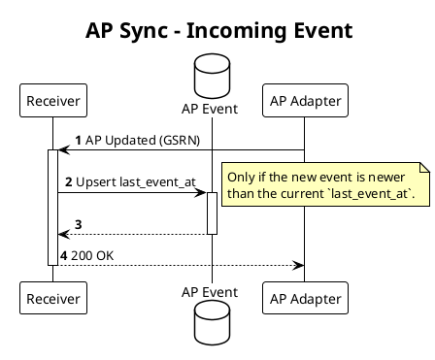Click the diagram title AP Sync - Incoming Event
[x=218, y=31]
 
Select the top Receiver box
[x=53, y=99]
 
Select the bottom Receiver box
[x=53, y=298]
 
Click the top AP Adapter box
[x=304, y=99]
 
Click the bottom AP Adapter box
[x=304, y=298]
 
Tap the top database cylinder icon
[x=211, y=74]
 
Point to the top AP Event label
[x=211, y=105]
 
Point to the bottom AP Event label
[x=211, y=291]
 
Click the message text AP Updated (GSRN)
[x=143, y=140]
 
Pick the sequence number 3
[x=78, y=224]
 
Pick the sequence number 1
[x=78, y=140]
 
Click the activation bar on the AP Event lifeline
[x=211, y=213]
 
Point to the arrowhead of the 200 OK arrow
[x=299, y=264]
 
